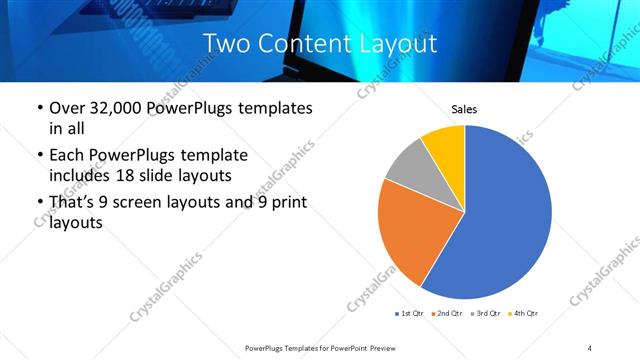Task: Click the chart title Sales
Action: [x=465, y=108]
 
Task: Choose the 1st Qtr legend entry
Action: [x=409, y=314]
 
